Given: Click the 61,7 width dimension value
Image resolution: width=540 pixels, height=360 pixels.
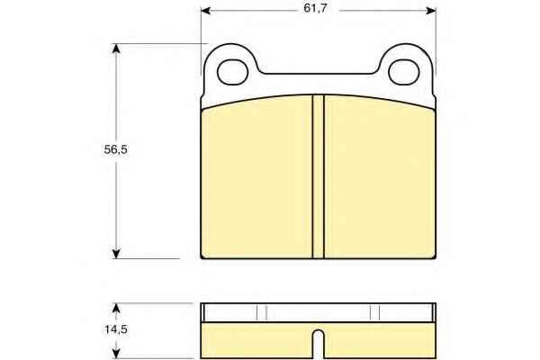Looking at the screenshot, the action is (315, 8).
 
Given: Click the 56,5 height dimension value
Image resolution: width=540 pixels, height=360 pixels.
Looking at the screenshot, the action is (116, 149).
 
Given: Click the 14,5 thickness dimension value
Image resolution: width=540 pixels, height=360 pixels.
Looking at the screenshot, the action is (116, 329).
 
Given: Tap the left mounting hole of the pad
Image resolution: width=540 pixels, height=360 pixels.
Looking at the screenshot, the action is (233, 72).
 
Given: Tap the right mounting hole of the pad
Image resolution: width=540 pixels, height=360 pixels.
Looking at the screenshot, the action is (403, 72).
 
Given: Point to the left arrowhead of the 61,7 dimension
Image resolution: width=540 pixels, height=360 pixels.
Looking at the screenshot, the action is (206, 11).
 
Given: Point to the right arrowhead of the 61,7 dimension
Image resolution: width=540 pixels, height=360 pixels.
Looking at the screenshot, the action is (431, 11).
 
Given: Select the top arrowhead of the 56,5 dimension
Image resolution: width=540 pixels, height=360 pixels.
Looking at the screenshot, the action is (116, 49).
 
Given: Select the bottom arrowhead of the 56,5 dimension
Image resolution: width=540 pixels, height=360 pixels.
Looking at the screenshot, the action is (116, 254).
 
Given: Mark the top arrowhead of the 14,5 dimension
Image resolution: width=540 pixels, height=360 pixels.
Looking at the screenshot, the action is (116, 309).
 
